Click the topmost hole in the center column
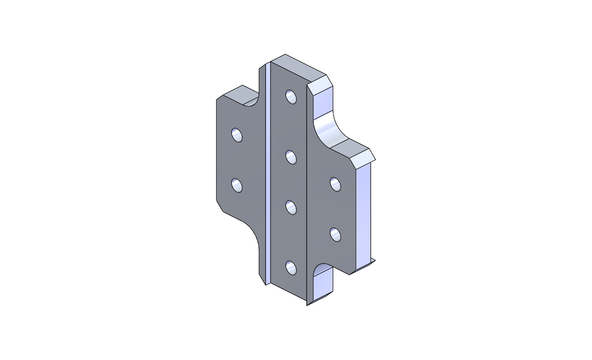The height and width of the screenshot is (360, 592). (291, 97)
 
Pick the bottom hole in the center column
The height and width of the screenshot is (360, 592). (291, 268)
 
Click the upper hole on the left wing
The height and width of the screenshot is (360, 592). (237, 135)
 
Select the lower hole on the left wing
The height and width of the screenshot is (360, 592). (237, 185)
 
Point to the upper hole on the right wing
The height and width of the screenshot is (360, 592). (336, 184)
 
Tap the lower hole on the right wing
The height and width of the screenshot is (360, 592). (336, 234)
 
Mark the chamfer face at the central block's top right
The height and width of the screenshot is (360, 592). (321, 86)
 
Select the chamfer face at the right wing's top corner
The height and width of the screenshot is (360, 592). (363, 160)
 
